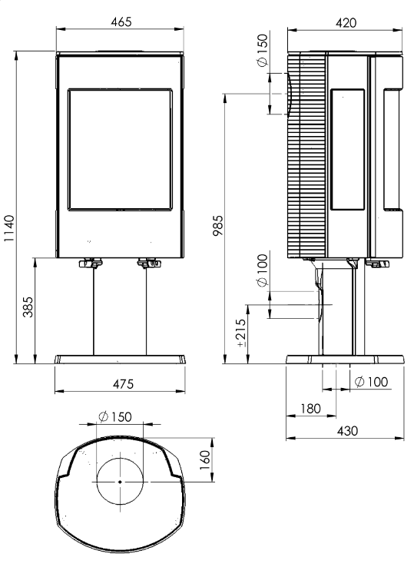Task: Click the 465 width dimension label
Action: [x=121, y=22]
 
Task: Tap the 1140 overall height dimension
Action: [x=8, y=228]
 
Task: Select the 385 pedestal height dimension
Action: [x=28, y=307]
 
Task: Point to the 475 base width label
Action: [x=123, y=384]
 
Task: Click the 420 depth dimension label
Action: [x=346, y=23]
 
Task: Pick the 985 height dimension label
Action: [x=218, y=226]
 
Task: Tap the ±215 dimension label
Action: [x=240, y=333]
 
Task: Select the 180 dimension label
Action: [x=310, y=409]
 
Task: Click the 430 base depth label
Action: [x=347, y=430]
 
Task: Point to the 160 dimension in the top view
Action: [x=204, y=460]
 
